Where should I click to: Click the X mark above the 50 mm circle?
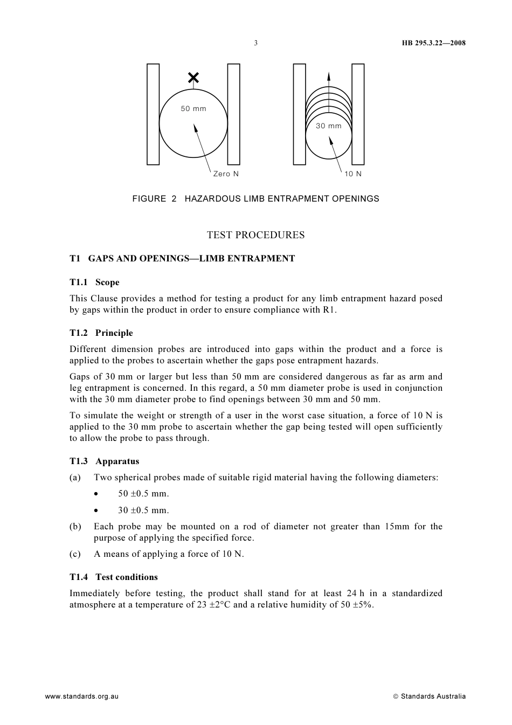point(193,78)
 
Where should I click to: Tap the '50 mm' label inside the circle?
point(193,109)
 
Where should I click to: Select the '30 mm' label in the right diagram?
point(328,126)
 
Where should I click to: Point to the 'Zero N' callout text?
point(226,174)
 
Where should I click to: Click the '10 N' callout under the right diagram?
point(353,174)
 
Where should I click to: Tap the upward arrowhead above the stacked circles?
point(329,76)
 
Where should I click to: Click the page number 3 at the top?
point(256,43)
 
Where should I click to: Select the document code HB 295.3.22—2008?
point(433,43)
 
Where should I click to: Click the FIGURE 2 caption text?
point(255,199)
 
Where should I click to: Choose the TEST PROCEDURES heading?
point(255,235)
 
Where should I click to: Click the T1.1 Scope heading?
point(94,282)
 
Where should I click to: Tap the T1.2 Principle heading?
point(101,333)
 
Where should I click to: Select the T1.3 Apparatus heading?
point(104,461)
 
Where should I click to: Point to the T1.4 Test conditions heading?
point(113,577)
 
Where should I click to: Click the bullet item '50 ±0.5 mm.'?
point(143,494)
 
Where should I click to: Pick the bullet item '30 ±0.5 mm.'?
point(143,510)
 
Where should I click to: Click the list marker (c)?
point(75,554)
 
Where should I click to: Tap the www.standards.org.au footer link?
point(81,696)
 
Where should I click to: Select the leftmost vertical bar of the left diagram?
point(153,114)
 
